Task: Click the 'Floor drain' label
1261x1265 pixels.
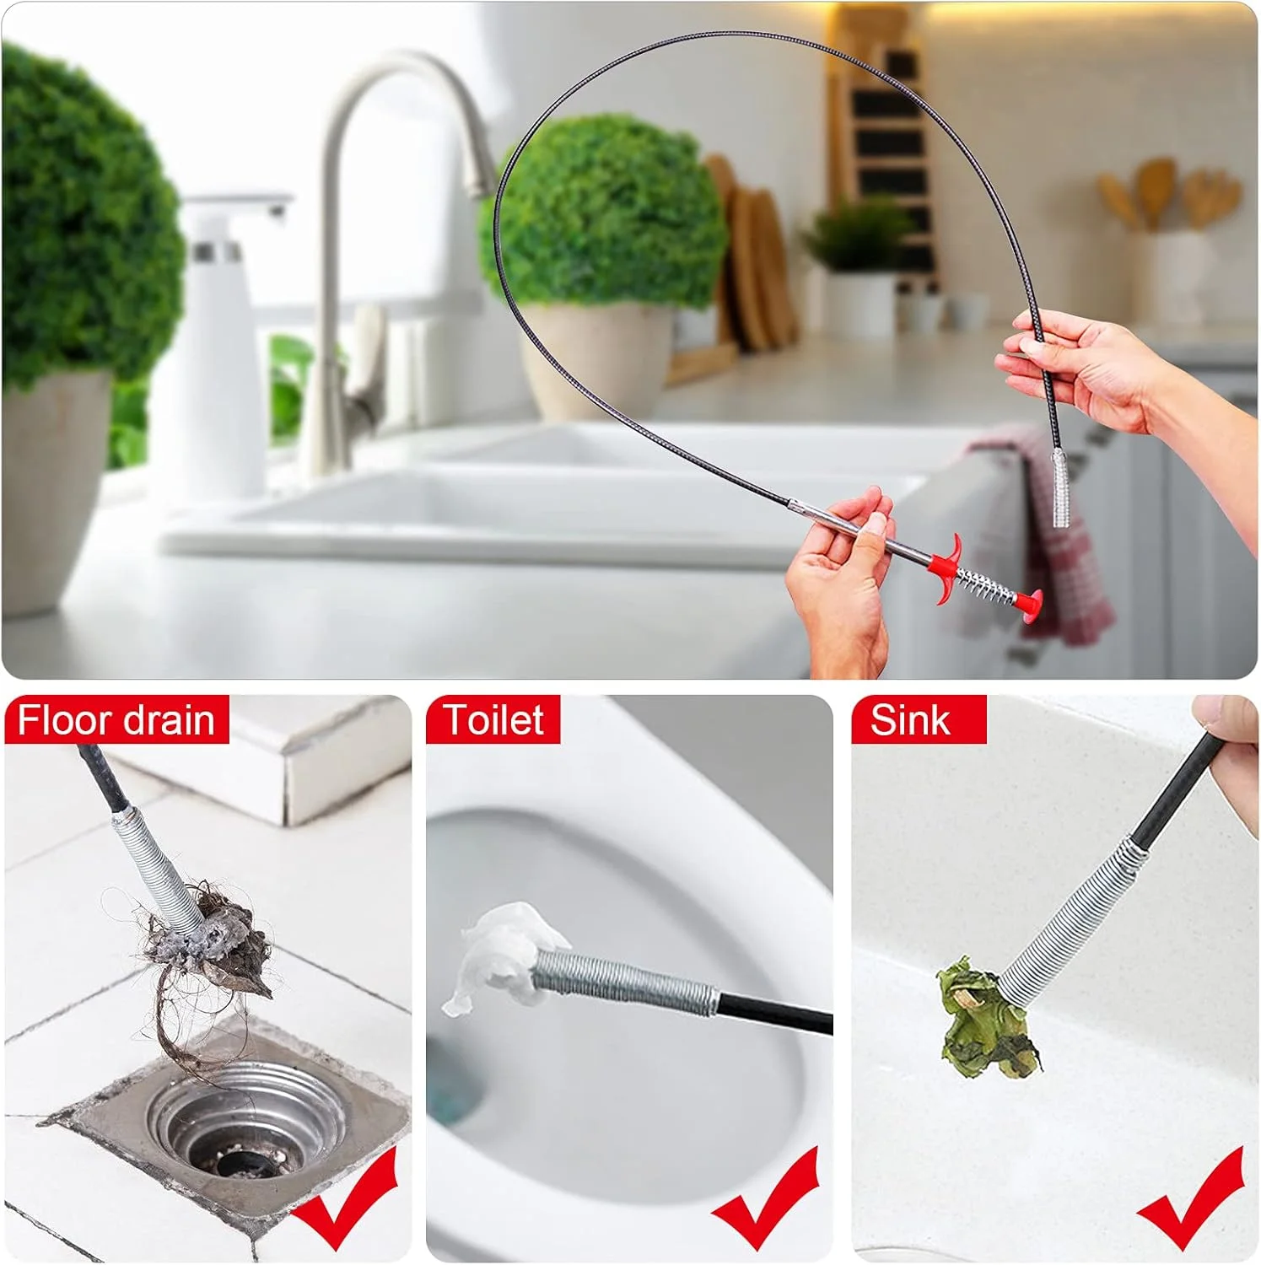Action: [116, 720]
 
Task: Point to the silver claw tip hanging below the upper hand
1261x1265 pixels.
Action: [1059, 489]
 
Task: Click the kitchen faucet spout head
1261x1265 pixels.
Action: [481, 169]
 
